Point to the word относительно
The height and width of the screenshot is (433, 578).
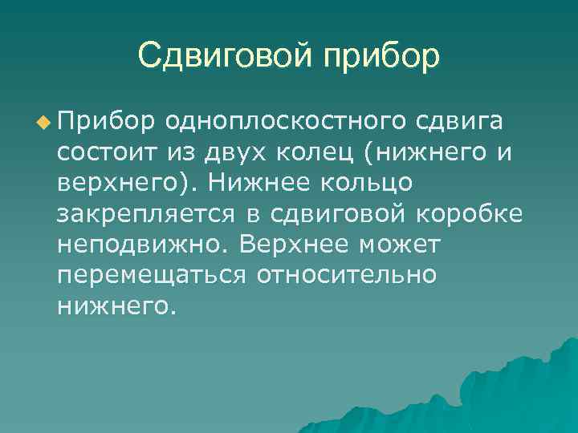tap(347, 274)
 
